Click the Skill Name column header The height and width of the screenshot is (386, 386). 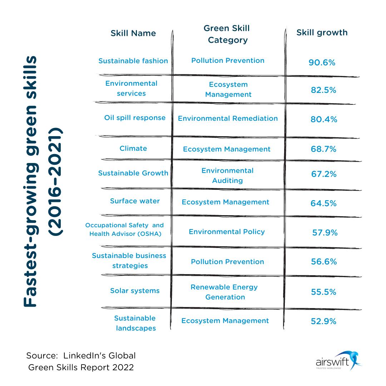[x=133, y=33]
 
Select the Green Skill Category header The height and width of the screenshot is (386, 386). [x=227, y=34]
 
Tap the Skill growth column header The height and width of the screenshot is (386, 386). [x=322, y=33]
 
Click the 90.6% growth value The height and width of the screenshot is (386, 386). [x=322, y=63]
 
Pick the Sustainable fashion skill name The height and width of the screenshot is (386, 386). [x=133, y=61]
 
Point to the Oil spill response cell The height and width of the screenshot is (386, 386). [x=135, y=118]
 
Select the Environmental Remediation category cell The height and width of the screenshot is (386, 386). [x=228, y=118]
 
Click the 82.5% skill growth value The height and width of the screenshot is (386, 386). [x=323, y=90]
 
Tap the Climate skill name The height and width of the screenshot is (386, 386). [x=133, y=148]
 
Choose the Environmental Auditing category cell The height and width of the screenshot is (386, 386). [x=227, y=175]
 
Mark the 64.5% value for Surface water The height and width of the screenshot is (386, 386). [x=323, y=203]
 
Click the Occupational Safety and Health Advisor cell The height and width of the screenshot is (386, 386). [x=125, y=229]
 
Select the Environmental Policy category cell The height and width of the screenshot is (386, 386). [x=227, y=232]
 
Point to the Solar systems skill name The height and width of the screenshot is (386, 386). [x=135, y=291]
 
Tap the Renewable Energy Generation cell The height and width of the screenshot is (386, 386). [x=224, y=292]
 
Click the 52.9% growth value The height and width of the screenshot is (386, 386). [x=323, y=321]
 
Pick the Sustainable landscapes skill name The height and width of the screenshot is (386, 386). [x=135, y=323]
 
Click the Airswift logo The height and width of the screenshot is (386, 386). [x=338, y=360]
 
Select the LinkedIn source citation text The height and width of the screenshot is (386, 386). [x=81, y=361]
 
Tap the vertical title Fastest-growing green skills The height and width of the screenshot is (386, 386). [x=42, y=180]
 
